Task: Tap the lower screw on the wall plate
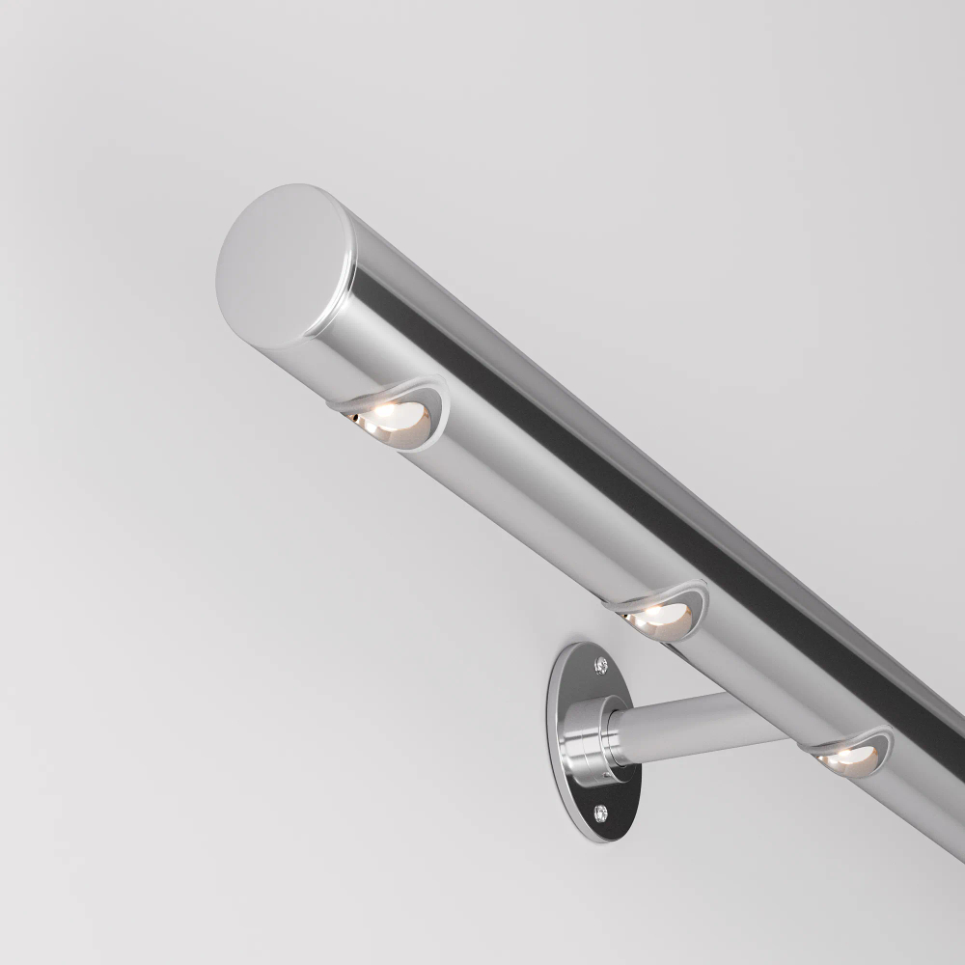point(603,813)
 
